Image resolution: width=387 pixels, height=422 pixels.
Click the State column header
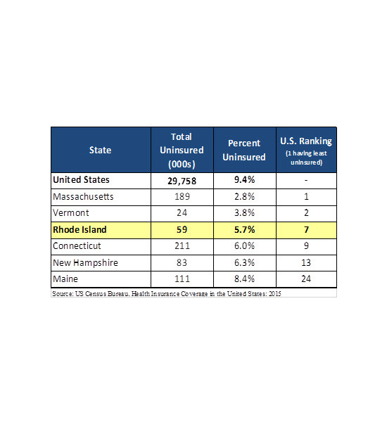click(x=100, y=150)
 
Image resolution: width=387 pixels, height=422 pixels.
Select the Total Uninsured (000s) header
click(x=182, y=151)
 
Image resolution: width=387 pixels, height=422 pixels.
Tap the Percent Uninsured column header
click(x=244, y=151)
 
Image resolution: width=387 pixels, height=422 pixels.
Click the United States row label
click(x=81, y=180)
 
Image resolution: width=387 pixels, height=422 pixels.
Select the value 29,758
click(x=182, y=181)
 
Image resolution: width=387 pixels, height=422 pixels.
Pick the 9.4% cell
click(x=244, y=180)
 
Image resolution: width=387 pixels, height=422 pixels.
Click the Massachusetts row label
click(x=83, y=197)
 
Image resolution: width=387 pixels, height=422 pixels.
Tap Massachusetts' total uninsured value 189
click(x=182, y=196)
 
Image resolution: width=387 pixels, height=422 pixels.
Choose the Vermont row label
click(x=71, y=213)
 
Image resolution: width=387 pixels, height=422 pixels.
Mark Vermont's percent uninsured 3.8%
click(x=244, y=213)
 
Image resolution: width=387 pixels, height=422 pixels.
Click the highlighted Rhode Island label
click(x=80, y=229)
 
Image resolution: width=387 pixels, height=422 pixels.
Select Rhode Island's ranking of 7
click(x=306, y=229)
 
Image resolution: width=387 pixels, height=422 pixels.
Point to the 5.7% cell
click(x=244, y=229)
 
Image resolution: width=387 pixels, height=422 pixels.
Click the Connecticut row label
click(x=77, y=246)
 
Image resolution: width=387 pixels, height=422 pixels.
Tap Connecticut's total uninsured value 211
click(x=182, y=246)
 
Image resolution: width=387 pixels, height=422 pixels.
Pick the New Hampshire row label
click(x=85, y=263)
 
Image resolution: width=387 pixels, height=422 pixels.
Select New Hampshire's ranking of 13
click(x=306, y=262)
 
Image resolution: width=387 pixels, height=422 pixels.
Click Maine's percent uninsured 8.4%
click(x=244, y=279)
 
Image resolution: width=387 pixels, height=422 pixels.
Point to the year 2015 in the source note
click(x=274, y=293)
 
